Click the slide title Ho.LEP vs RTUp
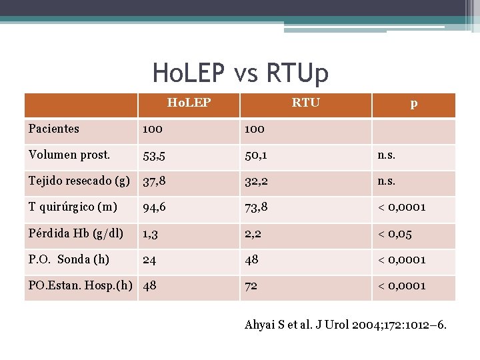pyautogui.click(x=240, y=73)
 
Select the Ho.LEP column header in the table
pyautogui.click(x=189, y=103)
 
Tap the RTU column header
pyautogui.click(x=305, y=103)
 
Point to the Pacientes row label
pyautogui.click(x=54, y=129)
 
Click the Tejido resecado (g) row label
pyautogui.click(x=79, y=181)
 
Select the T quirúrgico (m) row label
pyautogui.click(x=73, y=207)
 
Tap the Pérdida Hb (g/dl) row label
pyautogui.click(x=76, y=233)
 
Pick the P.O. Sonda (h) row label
pyautogui.click(x=69, y=259)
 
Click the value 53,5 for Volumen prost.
pyautogui.click(x=154, y=156)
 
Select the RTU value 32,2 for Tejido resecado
pyautogui.click(x=257, y=181)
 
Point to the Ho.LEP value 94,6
pyautogui.click(x=155, y=208)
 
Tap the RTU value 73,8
pyautogui.click(x=257, y=208)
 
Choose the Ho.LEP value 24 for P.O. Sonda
pyautogui.click(x=150, y=260)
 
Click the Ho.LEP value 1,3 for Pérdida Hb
pyautogui.click(x=151, y=234)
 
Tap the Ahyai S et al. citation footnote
pyautogui.click(x=346, y=325)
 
